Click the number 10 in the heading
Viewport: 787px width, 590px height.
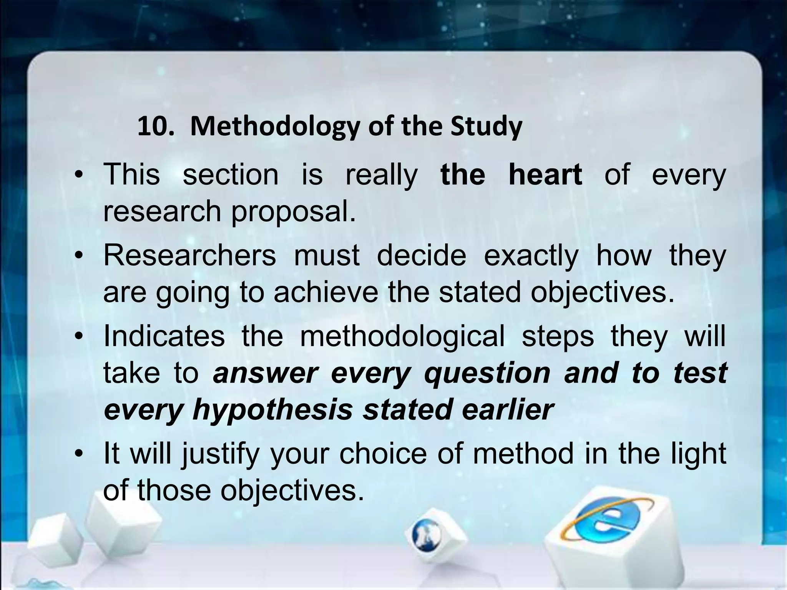[153, 126]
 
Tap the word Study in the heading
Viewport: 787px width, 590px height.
[486, 127]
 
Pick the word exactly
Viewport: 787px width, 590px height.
[531, 256]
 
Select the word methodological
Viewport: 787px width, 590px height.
[402, 336]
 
